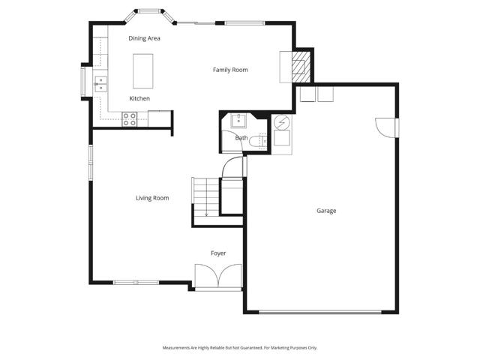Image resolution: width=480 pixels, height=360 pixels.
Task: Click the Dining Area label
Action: pyautogui.click(x=144, y=38)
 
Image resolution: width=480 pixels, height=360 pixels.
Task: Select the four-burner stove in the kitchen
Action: pyautogui.click(x=130, y=117)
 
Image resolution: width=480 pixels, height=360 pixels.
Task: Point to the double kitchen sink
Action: pyautogui.click(x=100, y=83)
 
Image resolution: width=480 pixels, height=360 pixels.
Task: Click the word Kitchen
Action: pyautogui.click(x=139, y=99)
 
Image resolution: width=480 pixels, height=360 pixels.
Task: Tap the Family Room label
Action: pyautogui.click(x=229, y=70)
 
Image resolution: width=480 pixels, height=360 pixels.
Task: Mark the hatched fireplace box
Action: pyautogui.click(x=300, y=66)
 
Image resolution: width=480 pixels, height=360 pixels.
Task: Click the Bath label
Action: pyautogui.click(x=241, y=138)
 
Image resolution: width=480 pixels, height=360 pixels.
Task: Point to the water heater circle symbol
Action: pyautogui.click(x=282, y=122)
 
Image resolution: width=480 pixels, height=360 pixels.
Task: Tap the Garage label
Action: pyautogui.click(x=326, y=211)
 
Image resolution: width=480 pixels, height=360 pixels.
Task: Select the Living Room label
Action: pyautogui.click(x=151, y=198)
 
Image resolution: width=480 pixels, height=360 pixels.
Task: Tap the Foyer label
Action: pyautogui.click(x=217, y=253)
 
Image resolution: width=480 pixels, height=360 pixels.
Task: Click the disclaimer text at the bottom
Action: pyautogui.click(x=240, y=348)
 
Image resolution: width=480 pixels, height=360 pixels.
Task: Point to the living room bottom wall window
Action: pyautogui.click(x=136, y=283)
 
